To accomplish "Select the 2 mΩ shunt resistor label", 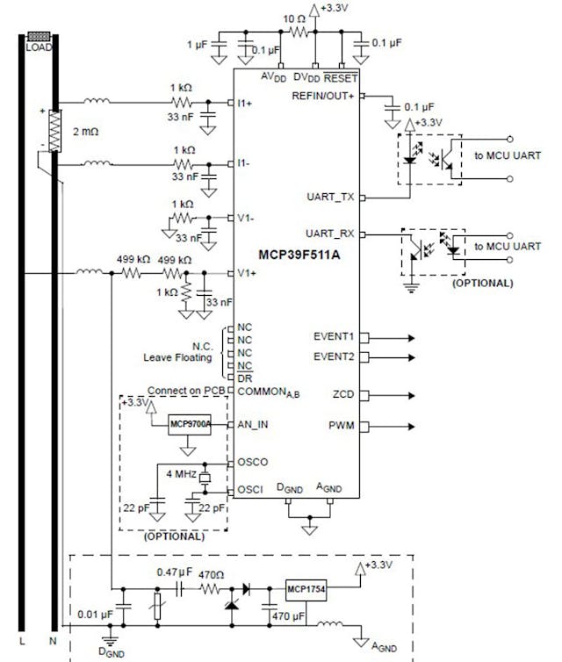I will click(86, 132).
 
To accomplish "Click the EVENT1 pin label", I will click(333, 336).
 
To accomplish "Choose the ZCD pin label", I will click(343, 394).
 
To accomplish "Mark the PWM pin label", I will click(342, 428).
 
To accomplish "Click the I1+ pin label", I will click(245, 103).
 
